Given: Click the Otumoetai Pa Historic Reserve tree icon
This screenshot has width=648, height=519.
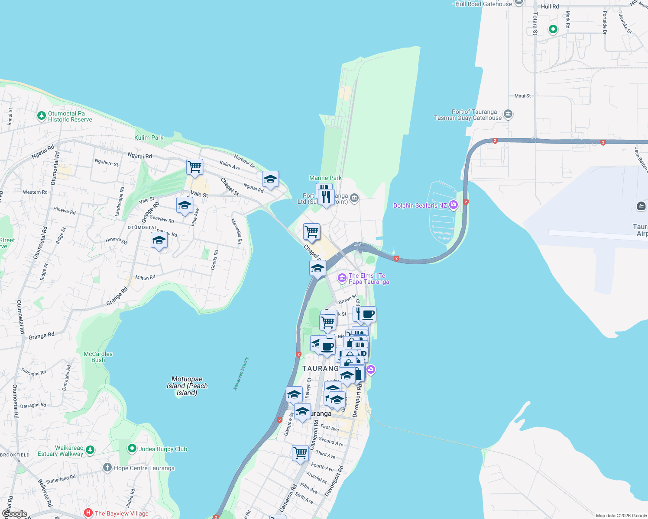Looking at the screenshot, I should (x=42, y=115).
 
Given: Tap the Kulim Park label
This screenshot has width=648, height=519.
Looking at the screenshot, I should (x=149, y=138).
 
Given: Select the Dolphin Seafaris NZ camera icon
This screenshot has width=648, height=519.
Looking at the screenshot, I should (x=453, y=205).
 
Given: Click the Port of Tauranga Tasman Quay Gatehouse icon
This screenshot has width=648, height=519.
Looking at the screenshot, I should (x=508, y=115).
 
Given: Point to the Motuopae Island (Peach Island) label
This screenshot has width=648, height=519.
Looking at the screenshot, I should (x=187, y=386).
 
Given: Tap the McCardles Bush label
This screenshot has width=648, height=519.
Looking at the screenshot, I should (x=98, y=357).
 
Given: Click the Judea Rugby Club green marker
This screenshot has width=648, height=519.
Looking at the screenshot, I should (x=132, y=449).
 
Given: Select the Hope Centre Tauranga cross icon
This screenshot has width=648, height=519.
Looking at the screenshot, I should (x=107, y=468).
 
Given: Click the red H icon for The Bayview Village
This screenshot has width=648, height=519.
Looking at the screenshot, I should (x=88, y=513).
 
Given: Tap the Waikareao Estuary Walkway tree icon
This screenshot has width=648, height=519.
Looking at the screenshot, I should (x=90, y=450).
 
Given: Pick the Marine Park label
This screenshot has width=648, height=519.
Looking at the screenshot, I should (x=325, y=178).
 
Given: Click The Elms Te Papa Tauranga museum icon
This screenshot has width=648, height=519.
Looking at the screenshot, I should (x=342, y=278).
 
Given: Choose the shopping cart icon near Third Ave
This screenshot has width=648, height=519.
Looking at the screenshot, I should (x=300, y=453).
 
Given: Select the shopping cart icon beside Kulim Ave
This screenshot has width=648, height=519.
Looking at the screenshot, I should (x=195, y=166).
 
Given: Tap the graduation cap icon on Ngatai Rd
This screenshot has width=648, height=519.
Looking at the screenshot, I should (x=270, y=179).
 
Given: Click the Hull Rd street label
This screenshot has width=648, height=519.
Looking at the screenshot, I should (x=550, y=6).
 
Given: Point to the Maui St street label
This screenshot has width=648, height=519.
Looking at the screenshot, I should (x=522, y=96).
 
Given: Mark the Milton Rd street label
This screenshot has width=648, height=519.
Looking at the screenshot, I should (x=145, y=278).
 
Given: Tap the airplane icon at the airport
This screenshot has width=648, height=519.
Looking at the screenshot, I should (x=642, y=206).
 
